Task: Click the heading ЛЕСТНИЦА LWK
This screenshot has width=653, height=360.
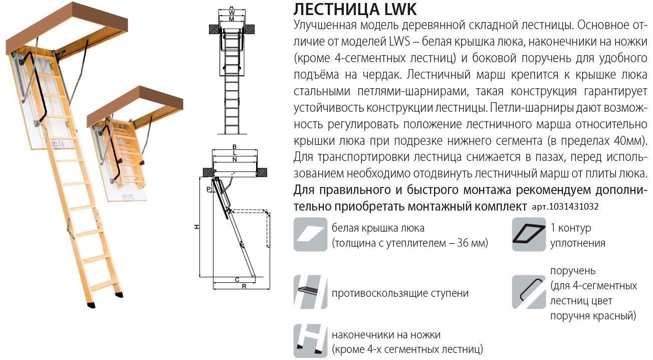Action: [x=354, y=10]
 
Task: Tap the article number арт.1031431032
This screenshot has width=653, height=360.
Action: [x=564, y=207]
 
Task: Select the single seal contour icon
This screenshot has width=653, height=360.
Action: [x=528, y=235]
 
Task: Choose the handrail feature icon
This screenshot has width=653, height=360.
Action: [x=528, y=292]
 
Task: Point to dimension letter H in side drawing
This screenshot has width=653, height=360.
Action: [x=197, y=227]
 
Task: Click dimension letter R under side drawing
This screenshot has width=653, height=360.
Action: [x=244, y=286]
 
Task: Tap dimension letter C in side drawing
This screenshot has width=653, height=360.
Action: [x=237, y=279]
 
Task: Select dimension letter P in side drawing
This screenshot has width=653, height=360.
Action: [x=208, y=189]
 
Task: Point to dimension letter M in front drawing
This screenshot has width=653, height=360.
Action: [x=231, y=19]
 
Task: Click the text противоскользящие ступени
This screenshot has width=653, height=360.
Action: [x=400, y=293]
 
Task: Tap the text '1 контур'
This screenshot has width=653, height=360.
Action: [x=570, y=228]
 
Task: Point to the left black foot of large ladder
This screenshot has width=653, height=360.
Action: [x=91, y=303]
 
